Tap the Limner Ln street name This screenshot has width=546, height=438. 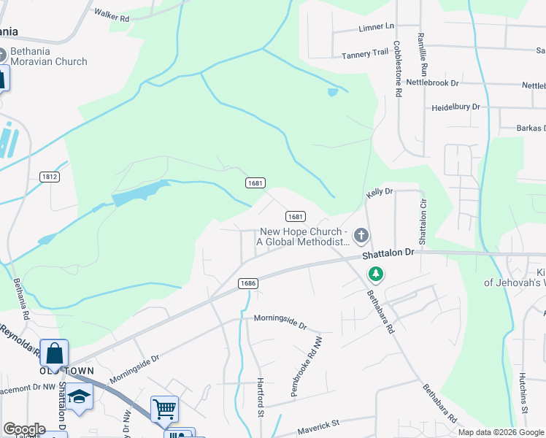[x=376, y=27]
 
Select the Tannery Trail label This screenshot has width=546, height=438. [x=365, y=53]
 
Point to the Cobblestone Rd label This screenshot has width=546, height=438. [x=398, y=69]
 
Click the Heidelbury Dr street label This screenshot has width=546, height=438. [x=455, y=107]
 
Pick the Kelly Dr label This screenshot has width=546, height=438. [x=380, y=191]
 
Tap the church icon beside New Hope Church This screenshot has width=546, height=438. [x=360, y=235]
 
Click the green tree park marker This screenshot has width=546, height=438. [x=376, y=274]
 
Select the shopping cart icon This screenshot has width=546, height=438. [x=164, y=408]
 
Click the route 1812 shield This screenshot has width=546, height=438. [x=50, y=177]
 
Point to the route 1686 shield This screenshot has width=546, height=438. [x=247, y=283]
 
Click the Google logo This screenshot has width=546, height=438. [x=23, y=429]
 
